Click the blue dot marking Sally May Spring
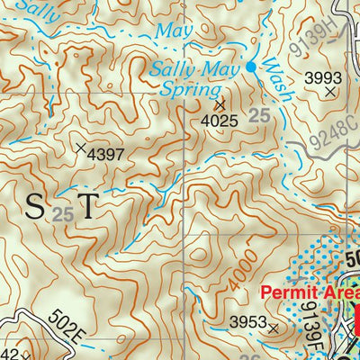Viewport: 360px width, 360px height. tap(252, 67)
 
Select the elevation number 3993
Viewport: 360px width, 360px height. tap(323, 76)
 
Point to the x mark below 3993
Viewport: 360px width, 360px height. tap(331, 91)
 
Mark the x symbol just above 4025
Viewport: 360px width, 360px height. tap(220, 104)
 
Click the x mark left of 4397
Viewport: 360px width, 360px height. tap(82, 147)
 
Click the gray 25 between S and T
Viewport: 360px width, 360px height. tap(61, 214)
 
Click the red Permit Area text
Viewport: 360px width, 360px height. tap(309, 293)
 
